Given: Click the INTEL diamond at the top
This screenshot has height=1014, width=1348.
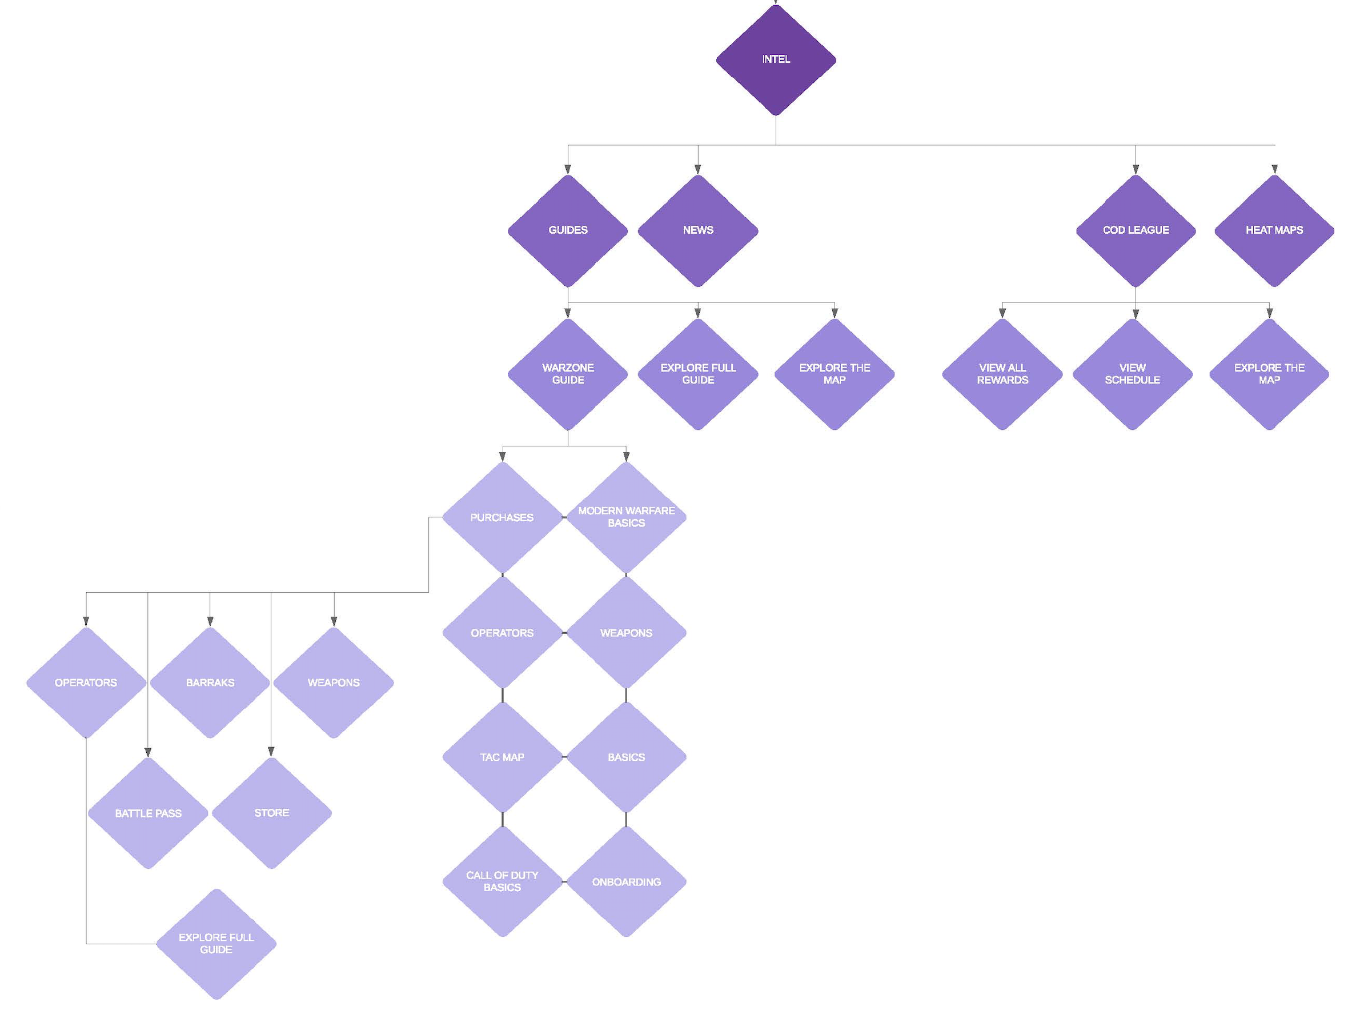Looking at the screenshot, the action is pyautogui.click(x=775, y=59).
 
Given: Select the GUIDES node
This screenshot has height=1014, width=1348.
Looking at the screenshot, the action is pyautogui.click(x=567, y=230).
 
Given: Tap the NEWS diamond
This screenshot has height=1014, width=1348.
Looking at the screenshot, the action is pyautogui.click(x=698, y=230).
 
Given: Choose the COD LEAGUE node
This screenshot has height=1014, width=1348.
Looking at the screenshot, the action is pyautogui.click(x=1136, y=230).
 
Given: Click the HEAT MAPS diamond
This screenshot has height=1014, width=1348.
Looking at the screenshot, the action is pyautogui.click(x=1274, y=230).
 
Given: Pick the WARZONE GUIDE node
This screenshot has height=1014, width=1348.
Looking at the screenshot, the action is pyautogui.click(x=567, y=374).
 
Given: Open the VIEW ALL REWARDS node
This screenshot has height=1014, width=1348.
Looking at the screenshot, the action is pyautogui.click(x=1002, y=374).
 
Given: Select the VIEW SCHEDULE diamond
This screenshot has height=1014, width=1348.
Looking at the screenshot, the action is pyautogui.click(x=1132, y=374).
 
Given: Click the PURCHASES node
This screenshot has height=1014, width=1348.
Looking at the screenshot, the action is pyautogui.click(x=502, y=517).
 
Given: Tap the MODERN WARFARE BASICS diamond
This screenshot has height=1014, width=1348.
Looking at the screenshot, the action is pyautogui.click(x=626, y=517).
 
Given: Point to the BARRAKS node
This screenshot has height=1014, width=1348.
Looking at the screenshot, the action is pyautogui.click(x=210, y=682).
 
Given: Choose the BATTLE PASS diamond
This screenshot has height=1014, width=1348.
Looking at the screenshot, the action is pyautogui.click(x=148, y=813).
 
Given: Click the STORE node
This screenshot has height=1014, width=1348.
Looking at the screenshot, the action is pyautogui.click(x=271, y=813).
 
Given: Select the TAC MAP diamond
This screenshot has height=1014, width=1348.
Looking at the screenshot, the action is pyautogui.click(x=502, y=757).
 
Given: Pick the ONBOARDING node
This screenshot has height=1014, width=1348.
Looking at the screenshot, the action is pyautogui.click(x=626, y=882).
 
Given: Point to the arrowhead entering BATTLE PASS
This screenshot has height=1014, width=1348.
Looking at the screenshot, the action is pyautogui.click(x=148, y=752).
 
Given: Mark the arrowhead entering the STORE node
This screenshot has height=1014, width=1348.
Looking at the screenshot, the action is pyautogui.click(x=271, y=752).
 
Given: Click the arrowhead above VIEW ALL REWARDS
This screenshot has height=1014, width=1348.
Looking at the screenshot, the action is pyautogui.click(x=1002, y=313).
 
